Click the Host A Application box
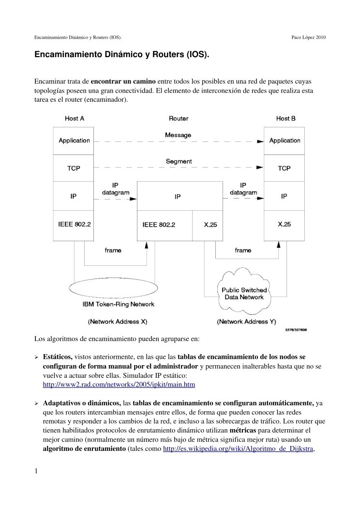[x=74, y=140]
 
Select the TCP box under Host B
[x=284, y=168]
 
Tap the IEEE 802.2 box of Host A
[x=74, y=225]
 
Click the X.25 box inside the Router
[x=210, y=225]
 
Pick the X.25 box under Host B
[x=284, y=225]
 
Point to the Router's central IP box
[x=178, y=197]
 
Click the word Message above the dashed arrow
[x=178, y=135]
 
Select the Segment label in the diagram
[x=178, y=161]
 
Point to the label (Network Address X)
[x=117, y=321]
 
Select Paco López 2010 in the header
[x=308, y=37]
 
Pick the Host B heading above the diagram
[x=285, y=118]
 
